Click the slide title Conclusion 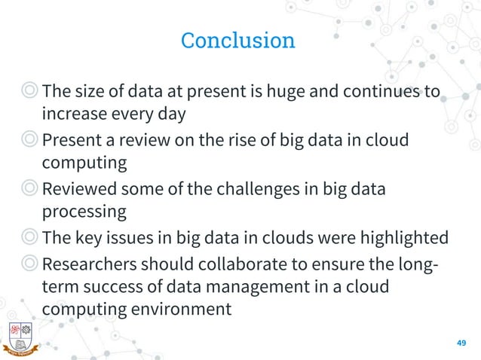tap(238, 40)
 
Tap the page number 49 tap(462, 343)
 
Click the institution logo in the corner tap(20, 337)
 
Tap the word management tap(239, 286)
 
